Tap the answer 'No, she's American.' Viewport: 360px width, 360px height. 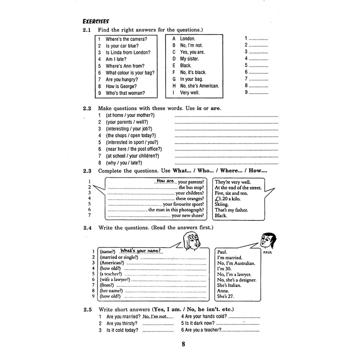(x=199, y=85)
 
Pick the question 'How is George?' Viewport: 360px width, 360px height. (x=121, y=86)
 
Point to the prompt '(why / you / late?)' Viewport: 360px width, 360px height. (x=124, y=162)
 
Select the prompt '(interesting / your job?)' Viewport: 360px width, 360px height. (x=126, y=129)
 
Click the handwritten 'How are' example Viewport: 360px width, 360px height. (x=165, y=181)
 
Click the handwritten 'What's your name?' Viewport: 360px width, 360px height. (x=141, y=251)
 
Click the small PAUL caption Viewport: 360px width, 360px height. (x=273, y=253)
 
